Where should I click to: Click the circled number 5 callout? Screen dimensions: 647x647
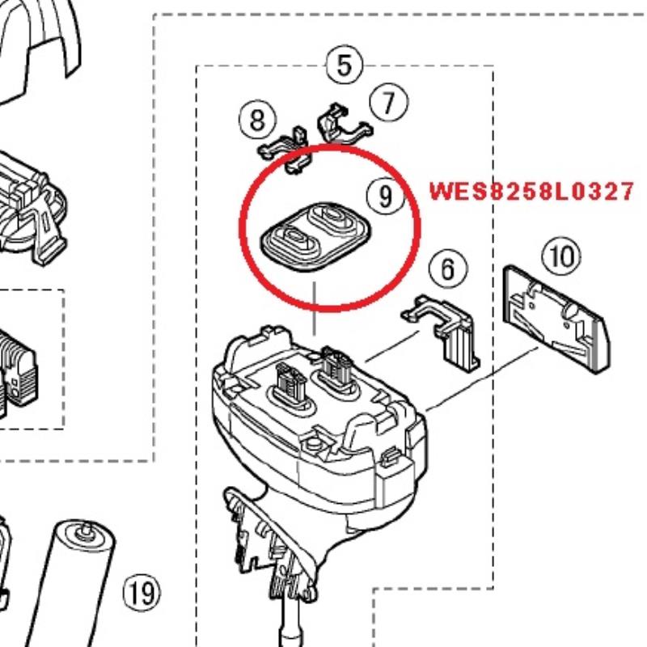click(x=345, y=64)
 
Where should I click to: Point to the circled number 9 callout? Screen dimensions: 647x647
click(x=384, y=195)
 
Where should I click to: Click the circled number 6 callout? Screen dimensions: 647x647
click(x=447, y=268)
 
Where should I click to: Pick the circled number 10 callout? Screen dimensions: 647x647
click(x=560, y=257)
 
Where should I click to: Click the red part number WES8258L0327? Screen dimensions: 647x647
click(x=531, y=192)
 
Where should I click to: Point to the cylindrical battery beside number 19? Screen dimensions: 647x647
click(x=81, y=590)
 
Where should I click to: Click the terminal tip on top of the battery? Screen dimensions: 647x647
click(x=82, y=531)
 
